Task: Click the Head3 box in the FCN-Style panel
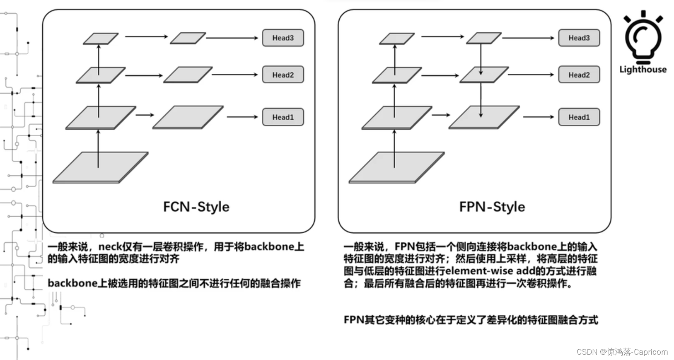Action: (x=283, y=38)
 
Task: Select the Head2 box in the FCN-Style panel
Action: (x=283, y=75)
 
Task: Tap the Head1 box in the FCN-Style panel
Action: (x=283, y=117)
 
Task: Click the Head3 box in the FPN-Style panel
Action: (x=579, y=38)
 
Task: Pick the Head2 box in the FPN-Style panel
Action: (x=579, y=75)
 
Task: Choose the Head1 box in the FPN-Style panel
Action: (x=579, y=117)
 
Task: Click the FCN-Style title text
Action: (x=196, y=207)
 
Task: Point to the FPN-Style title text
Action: (x=492, y=207)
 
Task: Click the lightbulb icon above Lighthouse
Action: (x=643, y=37)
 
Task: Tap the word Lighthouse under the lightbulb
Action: (x=643, y=70)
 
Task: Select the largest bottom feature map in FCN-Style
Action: (x=101, y=167)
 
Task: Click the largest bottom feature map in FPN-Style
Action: (x=396, y=167)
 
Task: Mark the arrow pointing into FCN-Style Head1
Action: (x=242, y=117)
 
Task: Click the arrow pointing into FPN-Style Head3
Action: (x=528, y=38)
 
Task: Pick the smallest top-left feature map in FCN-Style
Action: (x=101, y=39)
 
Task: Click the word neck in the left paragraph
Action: (x=110, y=247)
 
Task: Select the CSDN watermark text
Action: (x=622, y=352)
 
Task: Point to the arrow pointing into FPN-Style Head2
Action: (x=531, y=75)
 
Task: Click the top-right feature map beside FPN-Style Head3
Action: (x=483, y=39)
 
